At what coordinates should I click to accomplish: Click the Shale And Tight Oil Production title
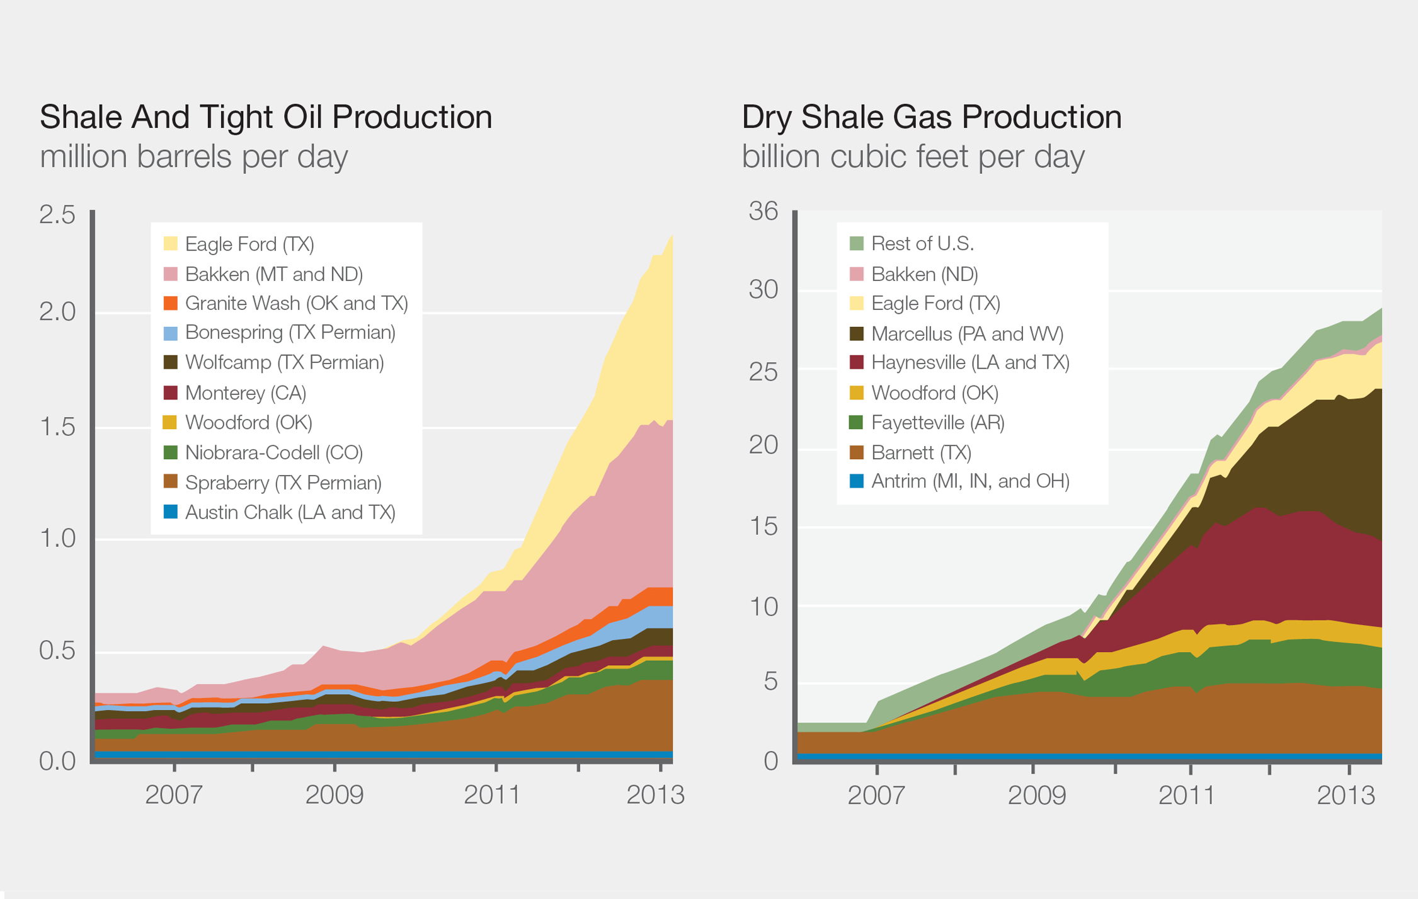point(265,118)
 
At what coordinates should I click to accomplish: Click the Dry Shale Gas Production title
point(931,118)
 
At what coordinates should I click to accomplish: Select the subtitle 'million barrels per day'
point(193,157)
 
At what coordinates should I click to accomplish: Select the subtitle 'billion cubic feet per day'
point(913,157)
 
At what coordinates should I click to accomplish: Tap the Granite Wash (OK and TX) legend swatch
point(170,303)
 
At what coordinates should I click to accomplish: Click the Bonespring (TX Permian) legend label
point(290,332)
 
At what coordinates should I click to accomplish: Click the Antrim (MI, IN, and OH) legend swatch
point(856,481)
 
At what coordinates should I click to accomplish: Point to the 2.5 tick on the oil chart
point(57,215)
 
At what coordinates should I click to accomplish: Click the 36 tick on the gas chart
point(763,212)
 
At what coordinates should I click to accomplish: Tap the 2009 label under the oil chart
point(334,795)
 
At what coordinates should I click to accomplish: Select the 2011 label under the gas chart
point(1187,795)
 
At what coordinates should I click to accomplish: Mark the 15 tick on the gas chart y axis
point(763,527)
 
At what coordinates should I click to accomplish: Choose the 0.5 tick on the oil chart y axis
point(57,651)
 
